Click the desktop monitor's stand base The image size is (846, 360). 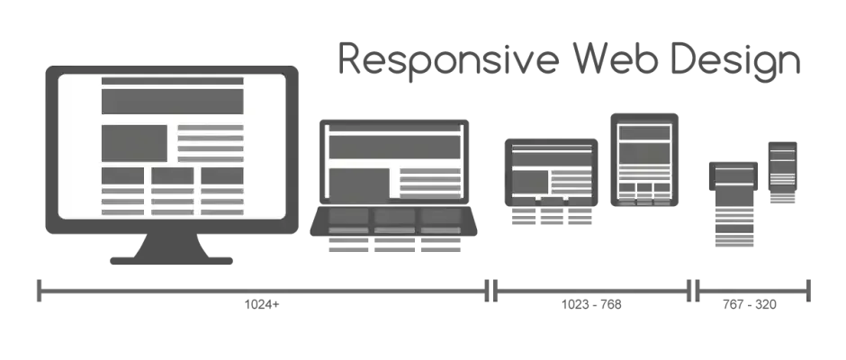click(x=173, y=258)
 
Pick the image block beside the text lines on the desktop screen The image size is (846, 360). click(x=134, y=141)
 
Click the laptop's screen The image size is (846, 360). click(x=396, y=162)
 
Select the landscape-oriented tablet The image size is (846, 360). click(x=550, y=175)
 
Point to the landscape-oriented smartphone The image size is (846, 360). click(x=734, y=175)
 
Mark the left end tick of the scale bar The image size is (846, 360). click(x=40, y=288)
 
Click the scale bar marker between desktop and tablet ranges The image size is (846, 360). click(x=491, y=288)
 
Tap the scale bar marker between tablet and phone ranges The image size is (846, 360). click(x=693, y=288)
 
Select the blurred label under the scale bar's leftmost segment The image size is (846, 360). click(x=263, y=303)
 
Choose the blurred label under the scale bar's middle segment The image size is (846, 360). click(x=592, y=303)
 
